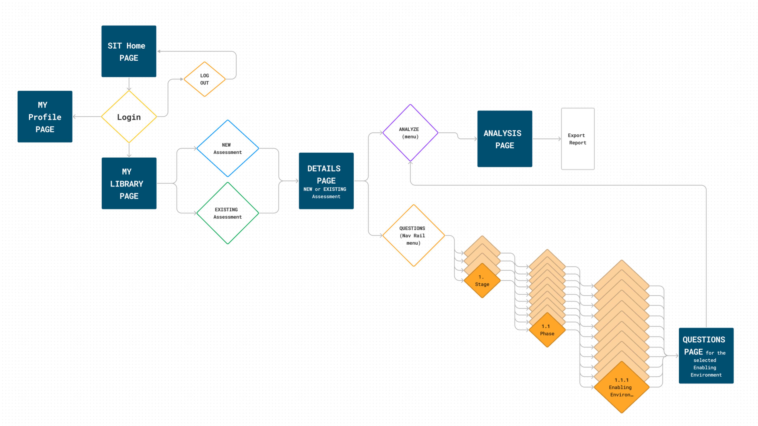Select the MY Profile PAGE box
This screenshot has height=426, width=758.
tap(45, 117)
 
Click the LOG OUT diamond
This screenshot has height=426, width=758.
tap(205, 79)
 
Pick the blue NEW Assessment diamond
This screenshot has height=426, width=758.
tap(227, 148)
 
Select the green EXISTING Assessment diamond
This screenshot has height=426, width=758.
tap(227, 213)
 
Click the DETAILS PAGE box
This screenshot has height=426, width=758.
tap(326, 181)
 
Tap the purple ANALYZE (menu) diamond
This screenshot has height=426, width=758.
tap(410, 133)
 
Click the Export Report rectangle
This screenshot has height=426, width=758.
tap(577, 139)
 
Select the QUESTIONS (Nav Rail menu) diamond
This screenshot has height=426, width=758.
tap(413, 235)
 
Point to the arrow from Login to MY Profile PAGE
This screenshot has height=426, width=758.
tap(87, 117)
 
